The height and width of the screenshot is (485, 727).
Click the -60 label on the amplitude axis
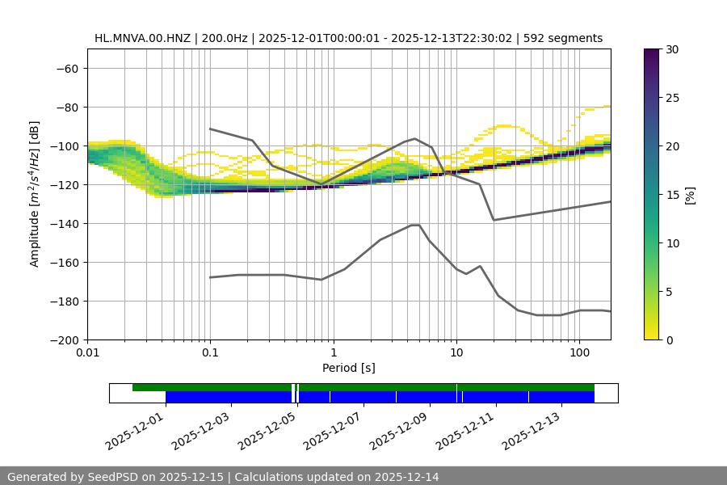tap(69, 68)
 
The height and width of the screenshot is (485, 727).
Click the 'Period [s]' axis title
tap(349, 369)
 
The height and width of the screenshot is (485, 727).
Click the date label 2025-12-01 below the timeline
tap(135, 429)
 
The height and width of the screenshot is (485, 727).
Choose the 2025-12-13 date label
tap(531, 429)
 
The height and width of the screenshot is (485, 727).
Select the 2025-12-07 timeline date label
tap(333, 429)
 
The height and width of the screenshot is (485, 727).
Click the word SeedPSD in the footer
tap(112, 477)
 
